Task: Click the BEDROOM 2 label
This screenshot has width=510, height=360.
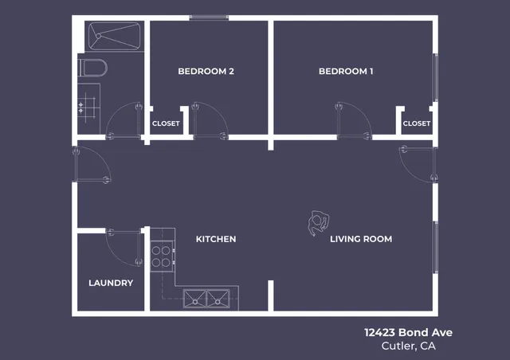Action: (206, 72)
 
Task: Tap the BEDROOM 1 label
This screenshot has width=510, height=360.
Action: (346, 72)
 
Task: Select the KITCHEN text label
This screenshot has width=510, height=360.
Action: (216, 239)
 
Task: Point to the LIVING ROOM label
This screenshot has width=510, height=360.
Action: (361, 239)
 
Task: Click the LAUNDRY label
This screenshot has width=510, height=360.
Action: (111, 283)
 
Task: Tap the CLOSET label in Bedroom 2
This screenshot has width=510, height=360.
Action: (166, 123)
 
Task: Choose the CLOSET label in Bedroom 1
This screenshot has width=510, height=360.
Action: (416, 123)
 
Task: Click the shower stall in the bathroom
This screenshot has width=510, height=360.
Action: (114, 36)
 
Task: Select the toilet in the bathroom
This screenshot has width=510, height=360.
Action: (92, 67)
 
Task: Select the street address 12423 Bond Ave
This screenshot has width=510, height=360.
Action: (408, 332)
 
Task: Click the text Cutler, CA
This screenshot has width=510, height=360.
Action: (408, 346)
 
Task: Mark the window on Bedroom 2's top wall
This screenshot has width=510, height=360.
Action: (209, 18)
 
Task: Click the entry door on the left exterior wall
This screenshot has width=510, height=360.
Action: (89, 165)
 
